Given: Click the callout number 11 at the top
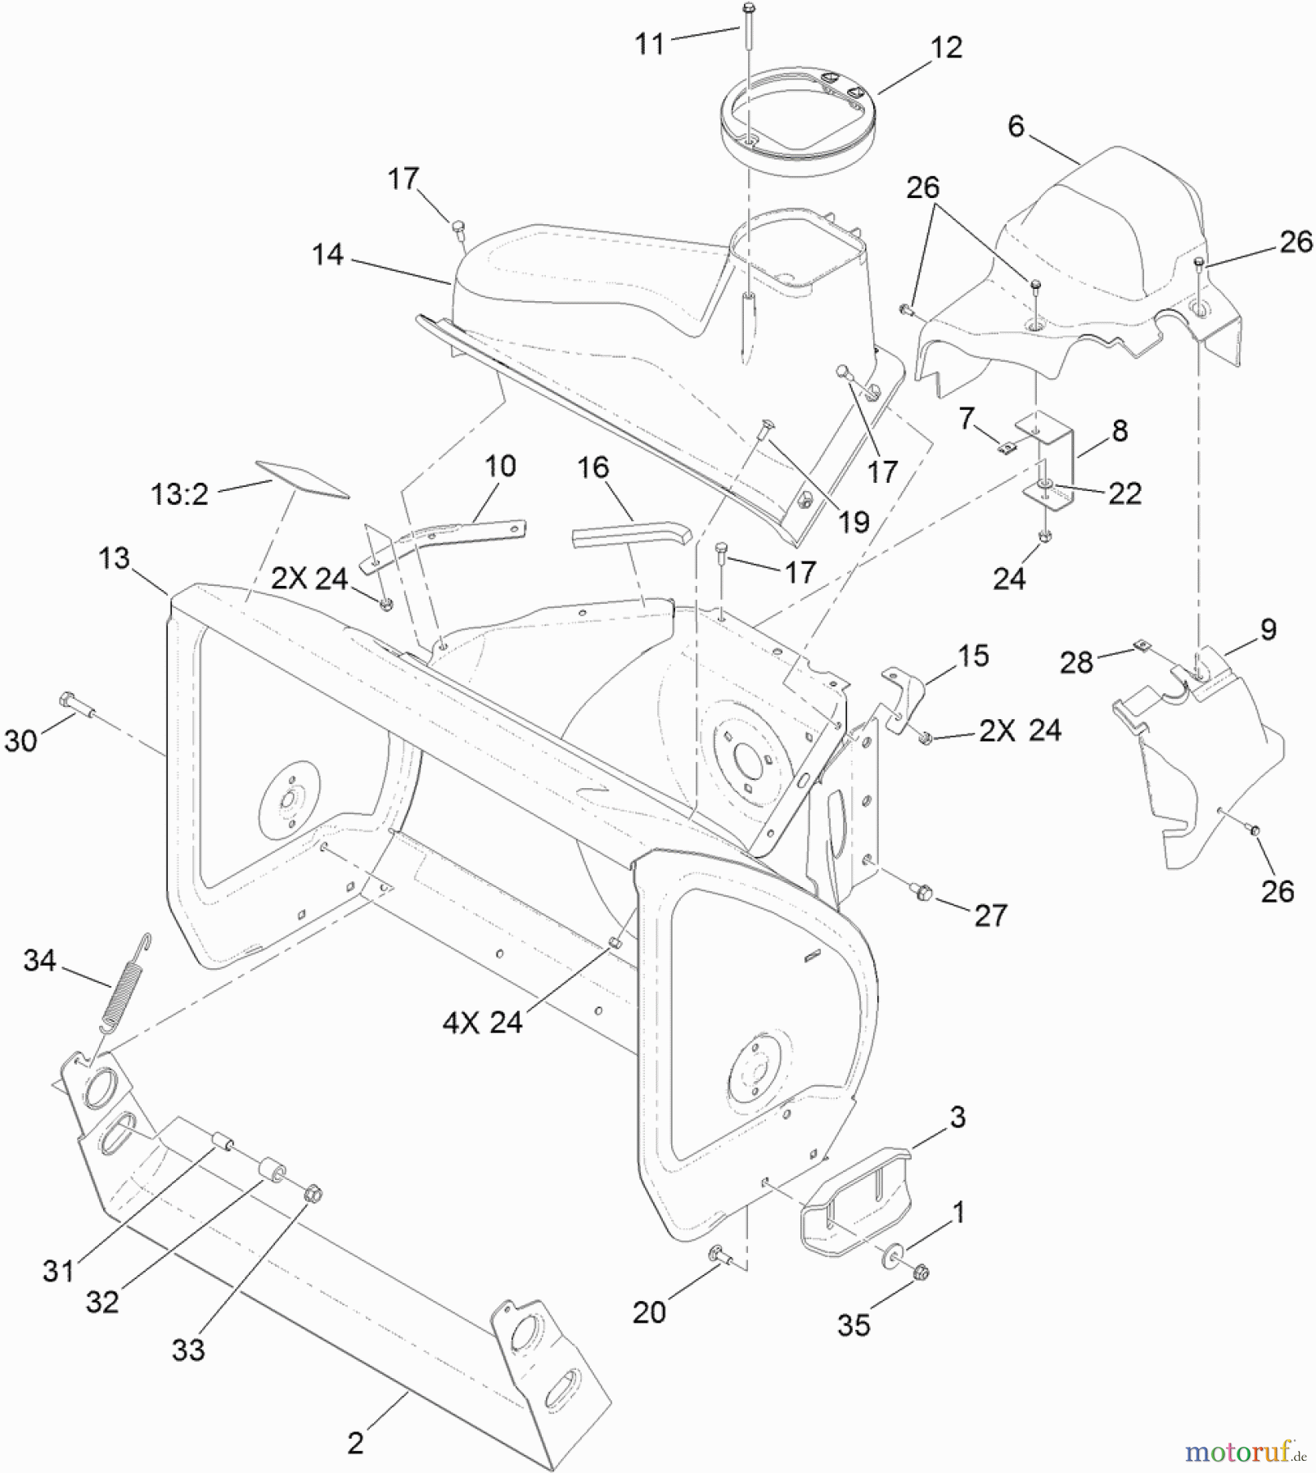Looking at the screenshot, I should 650,44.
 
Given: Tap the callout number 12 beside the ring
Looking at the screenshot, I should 946,47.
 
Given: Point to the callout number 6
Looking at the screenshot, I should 1016,127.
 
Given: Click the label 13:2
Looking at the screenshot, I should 179,494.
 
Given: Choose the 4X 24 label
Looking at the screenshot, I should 482,1022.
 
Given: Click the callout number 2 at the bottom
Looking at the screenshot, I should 354,1443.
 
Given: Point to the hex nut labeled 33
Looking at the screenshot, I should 312,1195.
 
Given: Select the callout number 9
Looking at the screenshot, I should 1268,629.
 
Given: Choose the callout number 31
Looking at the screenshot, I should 58,1271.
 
